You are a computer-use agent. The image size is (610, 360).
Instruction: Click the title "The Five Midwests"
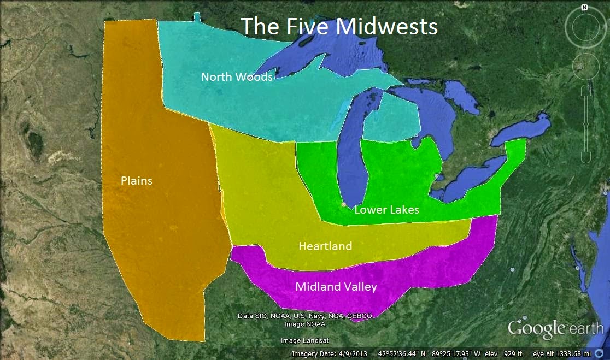[339, 26]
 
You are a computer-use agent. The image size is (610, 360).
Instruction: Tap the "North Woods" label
[236, 77]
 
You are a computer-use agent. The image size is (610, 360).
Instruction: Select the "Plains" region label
[136, 181]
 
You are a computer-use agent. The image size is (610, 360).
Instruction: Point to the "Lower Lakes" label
[386, 209]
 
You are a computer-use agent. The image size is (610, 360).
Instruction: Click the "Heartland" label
[325, 246]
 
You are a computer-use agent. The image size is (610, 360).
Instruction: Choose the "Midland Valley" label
[336, 286]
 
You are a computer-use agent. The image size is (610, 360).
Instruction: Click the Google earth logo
[556, 329]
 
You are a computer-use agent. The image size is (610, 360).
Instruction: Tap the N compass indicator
[584, 8]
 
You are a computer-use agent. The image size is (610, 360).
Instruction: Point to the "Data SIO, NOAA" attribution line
[305, 316]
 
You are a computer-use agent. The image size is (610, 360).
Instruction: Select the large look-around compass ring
[584, 27]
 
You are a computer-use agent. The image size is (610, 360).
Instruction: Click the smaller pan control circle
[585, 67]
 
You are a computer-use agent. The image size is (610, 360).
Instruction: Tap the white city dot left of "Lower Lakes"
[343, 204]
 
